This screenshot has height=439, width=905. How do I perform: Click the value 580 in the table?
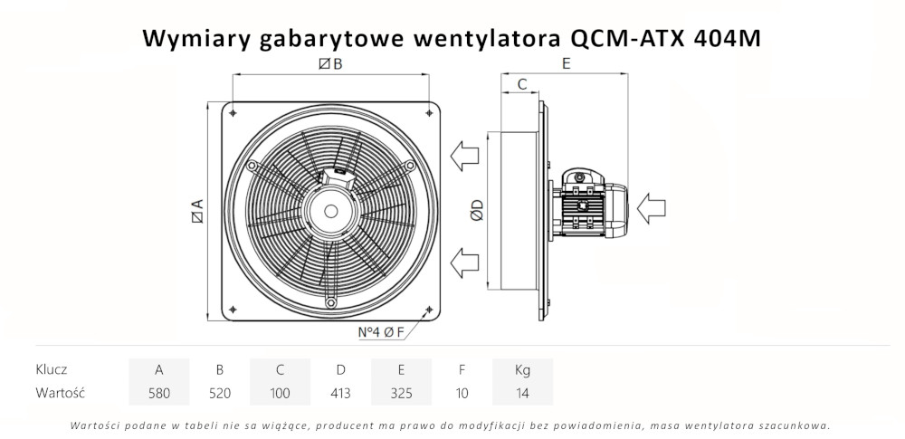(159, 393)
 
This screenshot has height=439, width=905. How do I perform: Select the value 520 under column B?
(219, 393)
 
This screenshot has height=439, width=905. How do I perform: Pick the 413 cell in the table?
(340, 393)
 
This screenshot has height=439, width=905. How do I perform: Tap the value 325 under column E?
(401, 393)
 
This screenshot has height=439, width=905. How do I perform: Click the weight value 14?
(522, 393)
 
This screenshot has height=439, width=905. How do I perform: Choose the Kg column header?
(522, 369)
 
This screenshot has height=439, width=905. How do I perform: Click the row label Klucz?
(52, 369)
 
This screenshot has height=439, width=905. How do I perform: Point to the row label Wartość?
(60, 393)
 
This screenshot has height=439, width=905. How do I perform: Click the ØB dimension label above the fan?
(330, 64)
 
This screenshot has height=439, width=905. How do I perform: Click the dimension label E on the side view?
(566, 64)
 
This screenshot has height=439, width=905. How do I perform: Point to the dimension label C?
(521, 84)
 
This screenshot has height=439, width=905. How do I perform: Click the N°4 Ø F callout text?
(380, 331)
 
